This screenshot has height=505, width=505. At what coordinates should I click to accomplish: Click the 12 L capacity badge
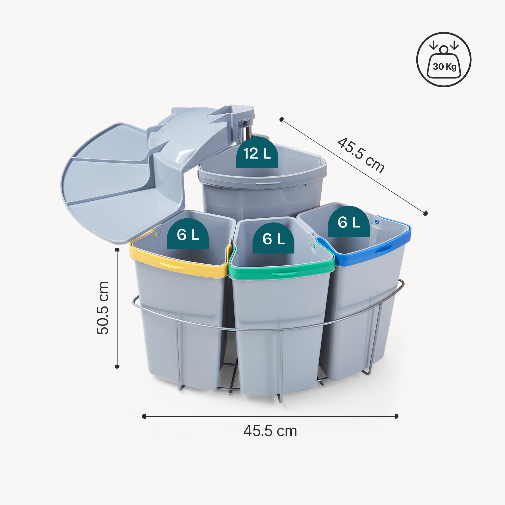257,153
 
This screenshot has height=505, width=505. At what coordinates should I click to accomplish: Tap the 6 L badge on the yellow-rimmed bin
188,234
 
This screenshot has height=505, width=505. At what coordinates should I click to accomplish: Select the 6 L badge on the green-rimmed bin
273,238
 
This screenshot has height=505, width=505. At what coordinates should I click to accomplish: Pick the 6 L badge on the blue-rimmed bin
349,222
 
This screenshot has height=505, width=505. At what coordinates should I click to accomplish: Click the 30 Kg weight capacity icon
444,60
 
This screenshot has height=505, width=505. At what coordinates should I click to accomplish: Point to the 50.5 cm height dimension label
103,308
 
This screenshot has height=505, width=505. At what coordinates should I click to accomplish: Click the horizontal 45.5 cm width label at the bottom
270,431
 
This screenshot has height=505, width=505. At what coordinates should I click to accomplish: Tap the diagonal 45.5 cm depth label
361,155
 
